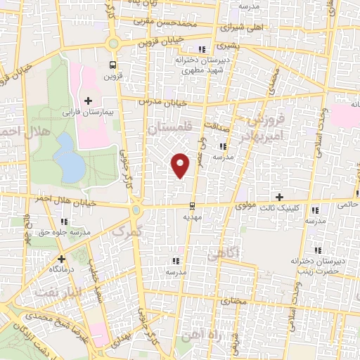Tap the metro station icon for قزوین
[x=112, y=66]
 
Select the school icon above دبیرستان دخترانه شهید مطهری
[x=202, y=49]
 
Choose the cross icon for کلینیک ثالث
[x=280, y=196]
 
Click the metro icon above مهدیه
[x=192, y=206]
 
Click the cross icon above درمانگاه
[x=61, y=258]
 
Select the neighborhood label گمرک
[x=127, y=230]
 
